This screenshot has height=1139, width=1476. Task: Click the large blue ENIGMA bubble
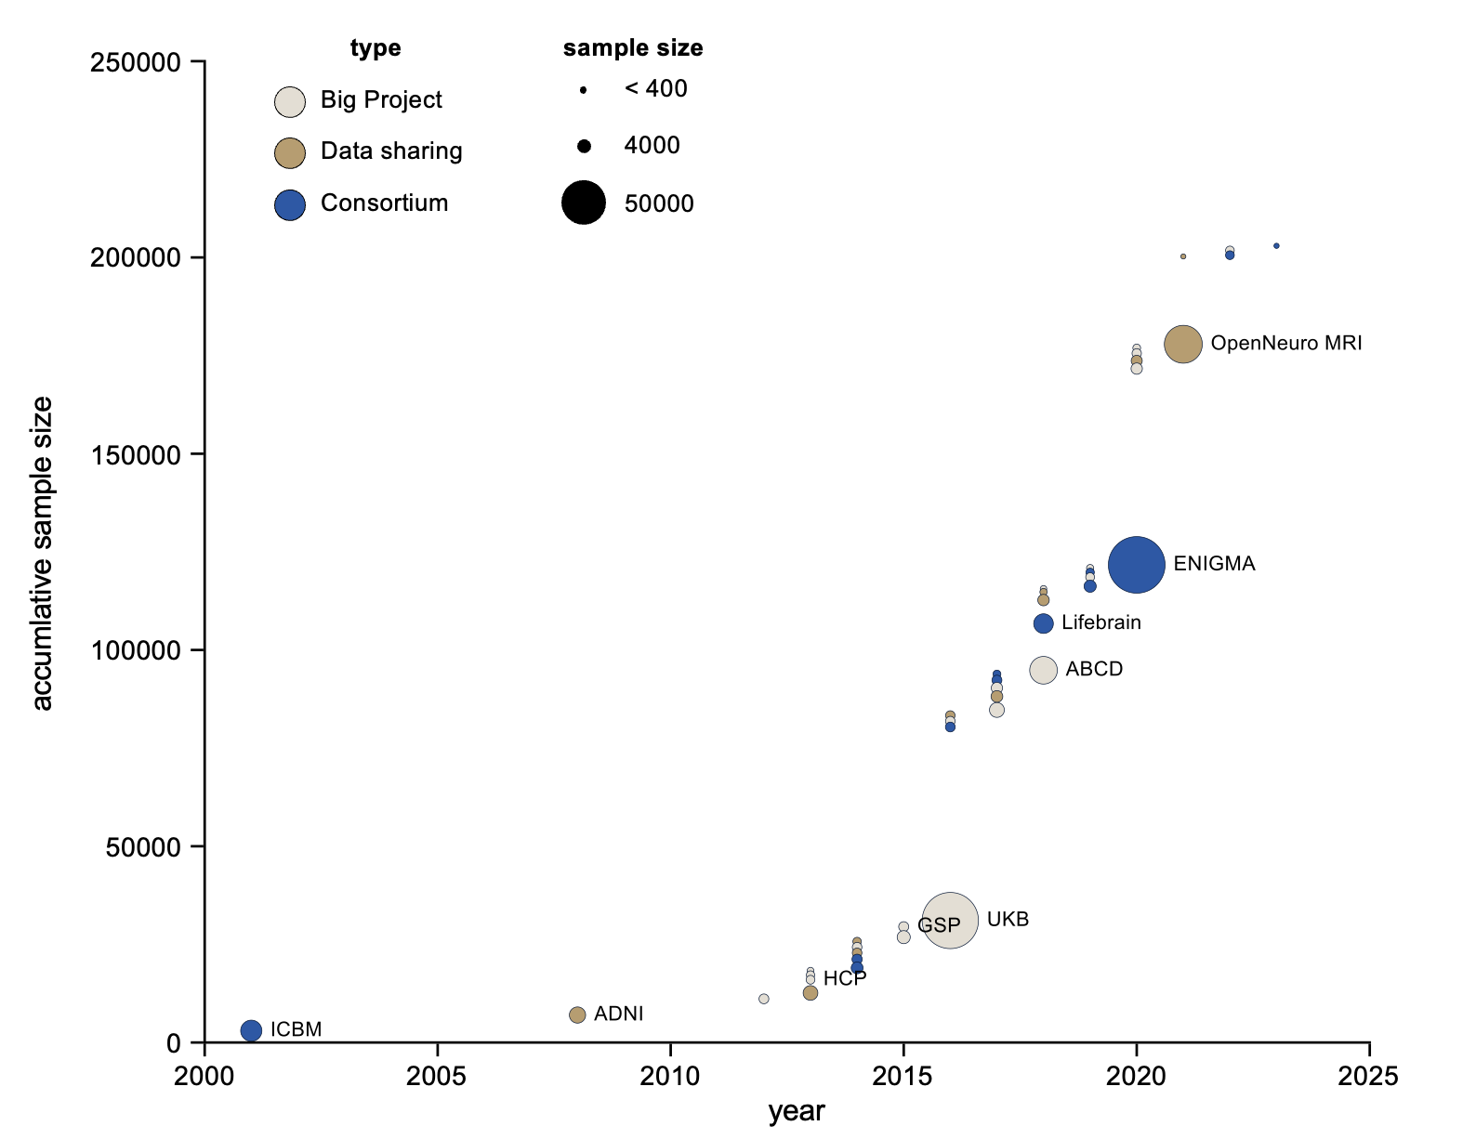tap(1136, 565)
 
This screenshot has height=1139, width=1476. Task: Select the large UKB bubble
tap(950, 921)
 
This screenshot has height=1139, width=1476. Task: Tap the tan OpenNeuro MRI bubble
tap(1183, 345)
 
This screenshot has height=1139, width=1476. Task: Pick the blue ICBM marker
tap(251, 1030)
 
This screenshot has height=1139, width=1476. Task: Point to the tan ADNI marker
tap(577, 1015)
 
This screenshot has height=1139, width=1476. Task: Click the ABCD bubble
tap(1044, 670)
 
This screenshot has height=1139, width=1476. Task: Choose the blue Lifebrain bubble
tap(1044, 623)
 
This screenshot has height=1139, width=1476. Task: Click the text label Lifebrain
tap(1101, 622)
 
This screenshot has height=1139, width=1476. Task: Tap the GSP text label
tap(939, 925)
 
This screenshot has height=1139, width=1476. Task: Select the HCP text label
tap(845, 978)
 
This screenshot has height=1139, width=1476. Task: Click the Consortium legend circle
tap(290, 205)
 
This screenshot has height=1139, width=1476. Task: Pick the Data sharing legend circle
tap(290, 153)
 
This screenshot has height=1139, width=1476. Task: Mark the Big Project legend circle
tap(290, 102)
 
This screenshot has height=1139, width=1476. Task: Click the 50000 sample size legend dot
tap(584, 203)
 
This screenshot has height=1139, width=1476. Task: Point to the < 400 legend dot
tap(583, 90)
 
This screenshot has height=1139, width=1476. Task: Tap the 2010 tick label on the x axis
tap(670, 1077)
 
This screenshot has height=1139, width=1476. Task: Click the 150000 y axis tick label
tap(135, 454)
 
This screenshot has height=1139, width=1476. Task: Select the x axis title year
tap(797, 1112)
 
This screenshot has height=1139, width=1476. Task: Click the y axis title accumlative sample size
tap(43, 553)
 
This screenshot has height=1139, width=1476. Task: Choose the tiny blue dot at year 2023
tap(1276, 246)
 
